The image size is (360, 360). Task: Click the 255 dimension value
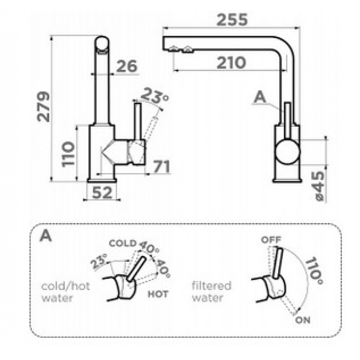tap(232, 20)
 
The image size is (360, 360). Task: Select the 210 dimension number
tap(231, 62)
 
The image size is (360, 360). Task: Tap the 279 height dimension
tap(43, 106)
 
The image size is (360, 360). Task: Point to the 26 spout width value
tap(127, 66)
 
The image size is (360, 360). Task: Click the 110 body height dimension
tap(68, 154)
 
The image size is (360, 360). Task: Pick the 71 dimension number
tap(161, 167)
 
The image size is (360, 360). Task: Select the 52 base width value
tap(102, 192)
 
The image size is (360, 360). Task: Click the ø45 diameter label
tap(320, 186)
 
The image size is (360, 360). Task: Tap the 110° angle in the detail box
tap(314, 271)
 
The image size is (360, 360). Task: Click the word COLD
tap(122, 243)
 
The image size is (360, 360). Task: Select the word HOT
tap(158, 294)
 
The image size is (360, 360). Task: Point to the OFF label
tap(271, 240)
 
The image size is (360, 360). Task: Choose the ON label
tap(302, 320)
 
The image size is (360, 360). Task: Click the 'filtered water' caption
tap(211, 292)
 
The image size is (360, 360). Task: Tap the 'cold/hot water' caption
tap(65, 292)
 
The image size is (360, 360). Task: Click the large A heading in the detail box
tap(46, 236)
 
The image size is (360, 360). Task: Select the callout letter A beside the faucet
tap(260, 97)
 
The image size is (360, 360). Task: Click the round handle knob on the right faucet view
tap(287, 152)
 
